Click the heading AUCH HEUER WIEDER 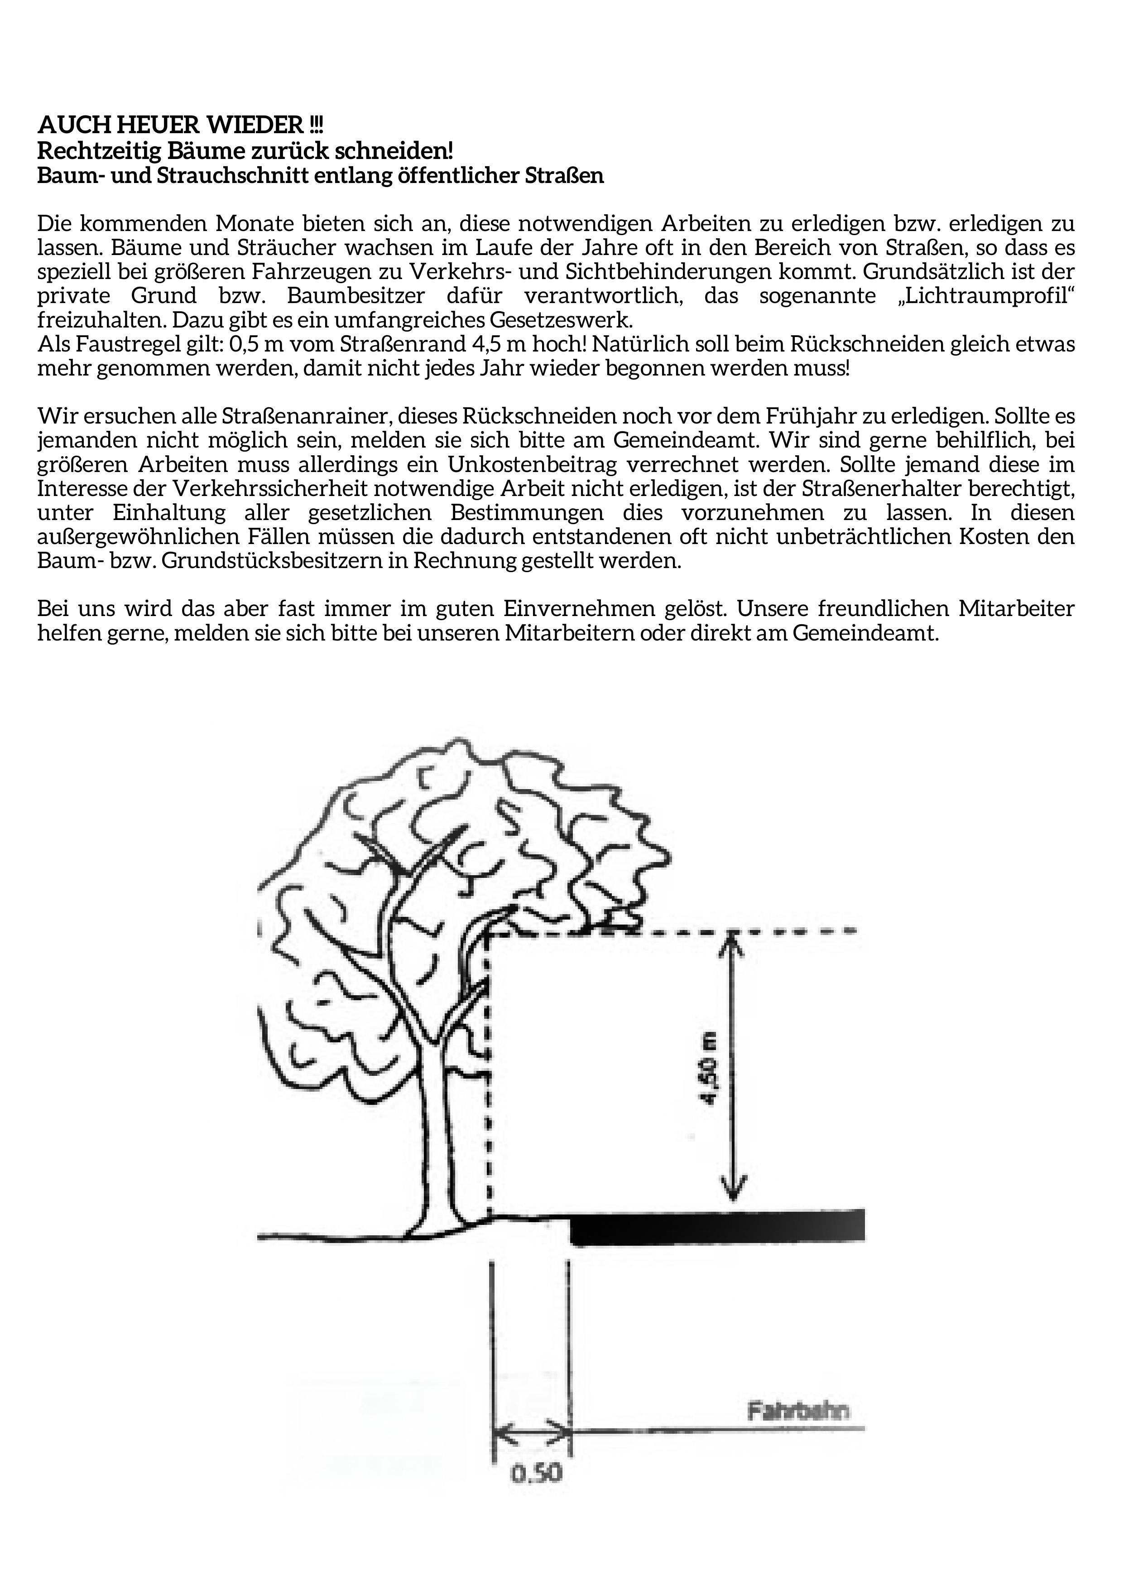pos(180,125)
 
